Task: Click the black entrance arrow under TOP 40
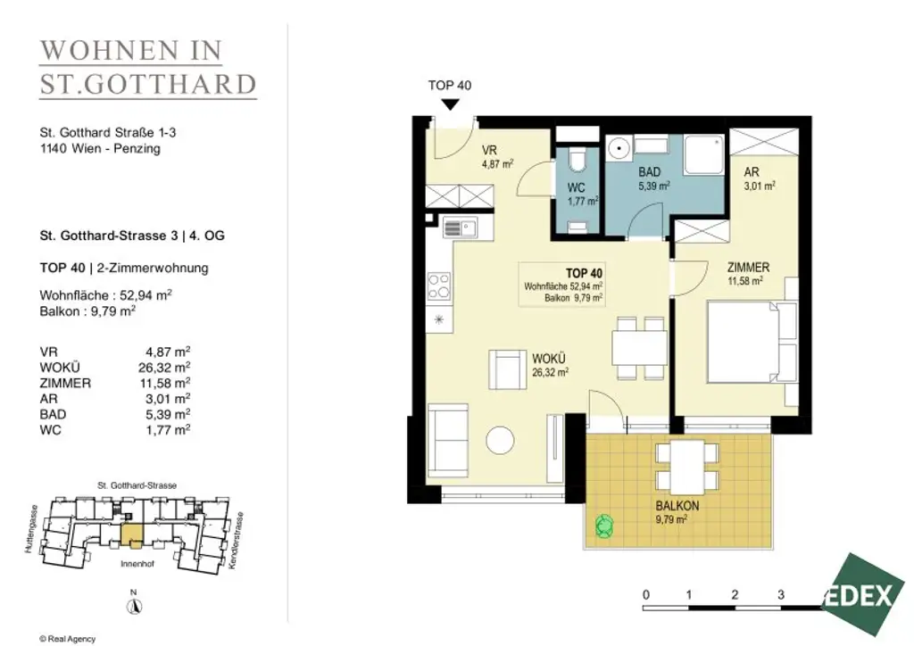(451, 104)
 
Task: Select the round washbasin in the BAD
(619, 148)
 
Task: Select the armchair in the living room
(508, 369)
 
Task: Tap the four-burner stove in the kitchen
(439, 285)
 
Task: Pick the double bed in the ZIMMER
(746, 343)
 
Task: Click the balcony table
(686, 467)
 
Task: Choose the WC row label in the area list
(50, 430)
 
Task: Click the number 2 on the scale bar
(734, 594)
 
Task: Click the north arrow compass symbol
(133, 605)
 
